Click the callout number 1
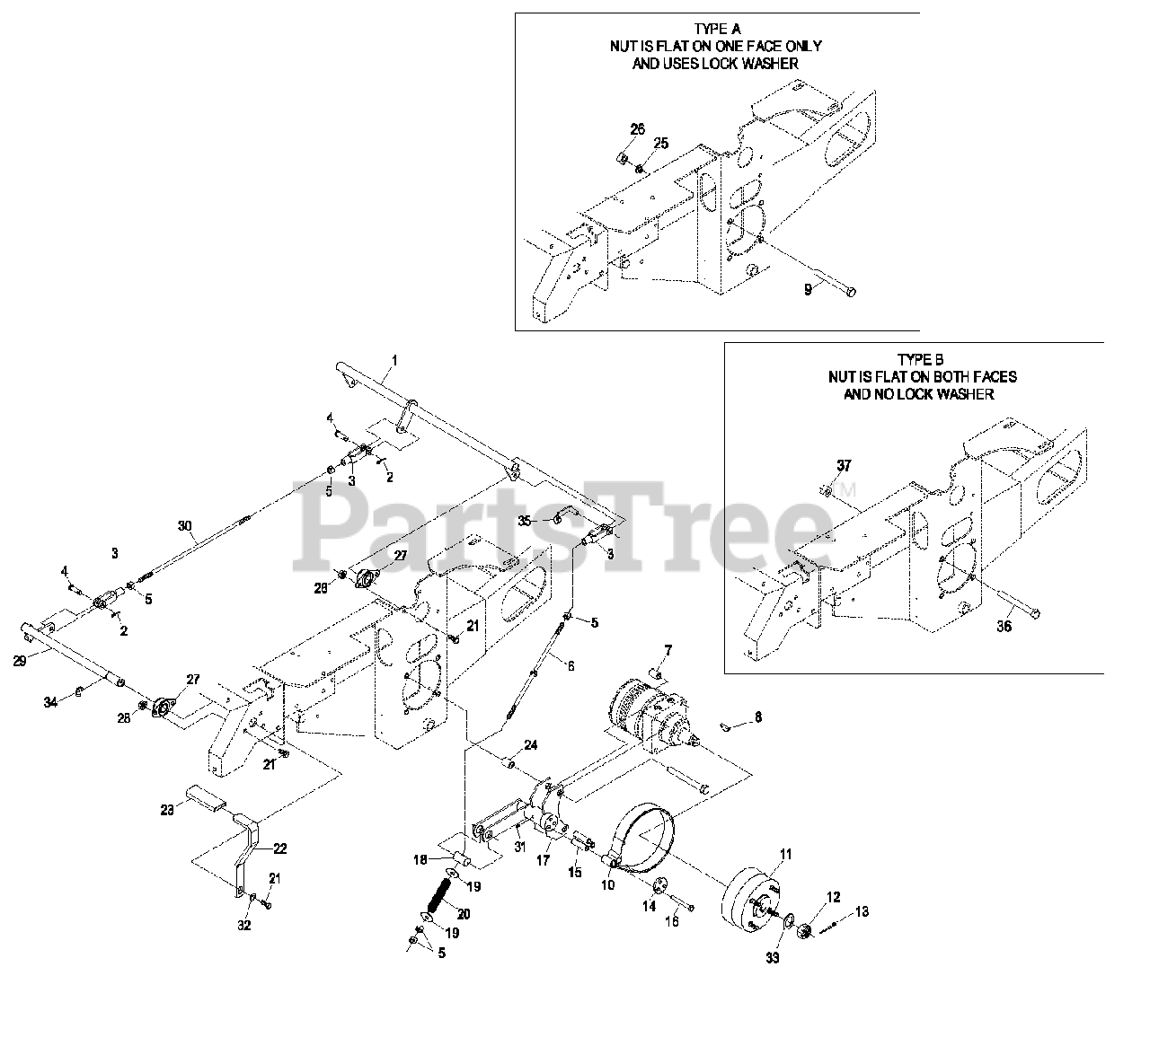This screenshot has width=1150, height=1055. pos(394,360)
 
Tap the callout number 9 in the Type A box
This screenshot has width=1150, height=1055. pos(807,291)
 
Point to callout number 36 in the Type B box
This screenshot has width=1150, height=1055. pos(1004,627)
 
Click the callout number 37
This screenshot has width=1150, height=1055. pos(843,465)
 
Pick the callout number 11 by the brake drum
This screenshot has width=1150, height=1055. pos(786,854)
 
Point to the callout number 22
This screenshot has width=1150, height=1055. pos(280,848)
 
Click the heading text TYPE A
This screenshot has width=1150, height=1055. pos(718,29)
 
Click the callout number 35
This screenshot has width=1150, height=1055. pos(526,520)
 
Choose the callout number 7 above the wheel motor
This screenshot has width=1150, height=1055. pos(668,649)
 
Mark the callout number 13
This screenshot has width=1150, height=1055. pos(862,912)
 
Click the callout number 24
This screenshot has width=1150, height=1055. pos(531,744)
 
